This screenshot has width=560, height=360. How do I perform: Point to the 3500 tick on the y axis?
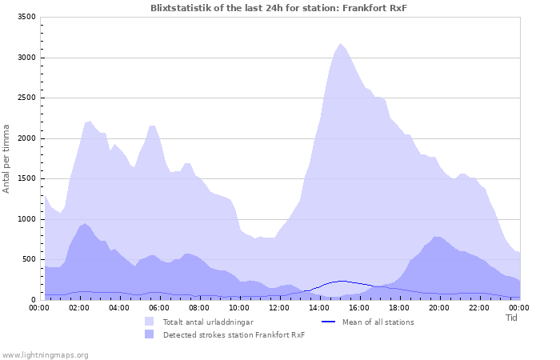(26, 17)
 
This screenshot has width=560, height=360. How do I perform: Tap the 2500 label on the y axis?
(26, 98)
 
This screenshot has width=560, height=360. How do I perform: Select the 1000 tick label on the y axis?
(26, 219)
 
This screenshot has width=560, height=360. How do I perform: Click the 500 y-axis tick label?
(28, 259)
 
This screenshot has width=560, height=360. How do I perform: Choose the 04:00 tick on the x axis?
(119, 308)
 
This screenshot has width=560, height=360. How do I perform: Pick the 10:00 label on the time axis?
(239, 308)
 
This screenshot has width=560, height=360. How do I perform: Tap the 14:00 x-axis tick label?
(319, 308)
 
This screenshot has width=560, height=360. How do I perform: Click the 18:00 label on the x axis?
(399, 308)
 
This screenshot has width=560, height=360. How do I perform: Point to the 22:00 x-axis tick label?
(479, 308)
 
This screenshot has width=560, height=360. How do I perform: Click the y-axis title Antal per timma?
(7, 158)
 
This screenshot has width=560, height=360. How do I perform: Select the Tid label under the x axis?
(512, 318)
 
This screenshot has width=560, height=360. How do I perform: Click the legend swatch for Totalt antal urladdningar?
(149, 322)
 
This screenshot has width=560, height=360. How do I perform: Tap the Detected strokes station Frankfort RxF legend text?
(234, 334)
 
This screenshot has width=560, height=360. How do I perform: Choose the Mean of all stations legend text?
(378, 322)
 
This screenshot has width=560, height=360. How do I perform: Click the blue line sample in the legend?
(328, 322)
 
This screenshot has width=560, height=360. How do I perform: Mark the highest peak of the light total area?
(340, 44)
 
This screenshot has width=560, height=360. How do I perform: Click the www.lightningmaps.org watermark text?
(45, 354)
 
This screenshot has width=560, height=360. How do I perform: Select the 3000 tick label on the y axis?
(26, 58)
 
